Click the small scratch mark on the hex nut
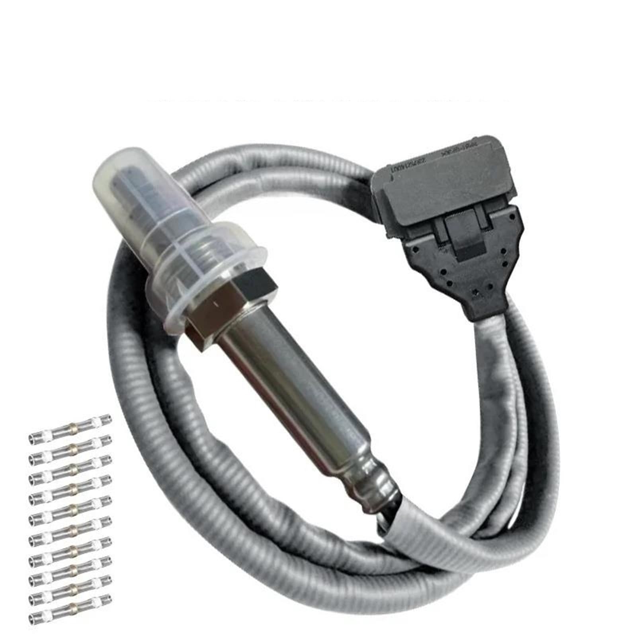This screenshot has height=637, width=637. click(217, 304)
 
